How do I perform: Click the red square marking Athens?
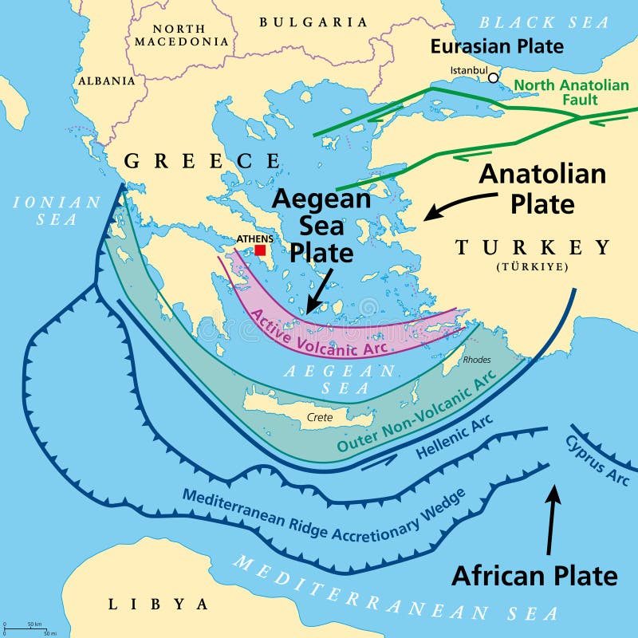click(x=260, y=250)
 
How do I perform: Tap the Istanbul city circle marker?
click(x=494, y=77)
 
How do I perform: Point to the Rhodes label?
click(x=477, y=360)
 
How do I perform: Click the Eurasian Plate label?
click(x=497, y=46)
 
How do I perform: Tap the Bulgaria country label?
click(x=313, y=22)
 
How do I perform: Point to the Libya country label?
click(x=158, y=604)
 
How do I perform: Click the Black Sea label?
click(x=544, y=22)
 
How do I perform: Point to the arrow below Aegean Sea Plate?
click(x=317, y=292)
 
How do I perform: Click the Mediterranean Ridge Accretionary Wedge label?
click(x=323, y=518)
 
